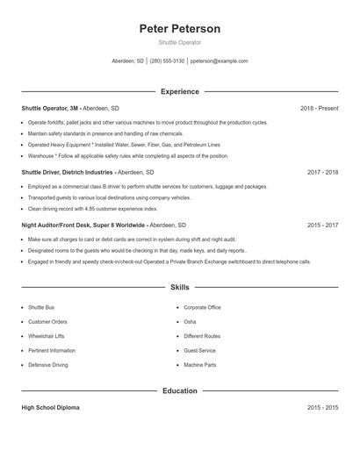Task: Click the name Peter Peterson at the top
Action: [x=180, y=29]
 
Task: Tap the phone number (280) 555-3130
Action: [x=167, y=61]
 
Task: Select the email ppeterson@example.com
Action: [x=219, y=61]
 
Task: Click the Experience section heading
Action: [x=180, y=91]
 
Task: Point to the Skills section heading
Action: [x=180, y=287]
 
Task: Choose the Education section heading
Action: [x=180, y=390]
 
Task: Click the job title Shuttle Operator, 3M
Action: [x=54, y=108]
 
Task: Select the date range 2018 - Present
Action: [x=319, y=108]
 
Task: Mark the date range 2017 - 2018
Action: [x=322, y=173]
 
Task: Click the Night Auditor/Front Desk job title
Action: [x=83, y=225]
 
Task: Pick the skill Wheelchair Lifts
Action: [x=47, y=336]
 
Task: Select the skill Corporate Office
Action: [x=202, y=308]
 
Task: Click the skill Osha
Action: [x=190, y=322]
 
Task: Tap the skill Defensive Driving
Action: [x=47, y=364]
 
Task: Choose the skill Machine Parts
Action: [x=199, y=364]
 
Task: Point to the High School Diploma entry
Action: [x=50, y=408]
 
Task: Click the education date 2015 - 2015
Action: [x=322, y=408]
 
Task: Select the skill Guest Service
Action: [x=199, y=350]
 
